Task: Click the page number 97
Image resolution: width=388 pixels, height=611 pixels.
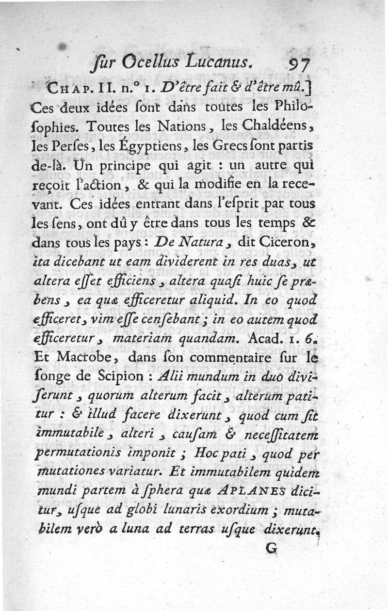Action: pyautogui.click(x=303, y=62)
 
